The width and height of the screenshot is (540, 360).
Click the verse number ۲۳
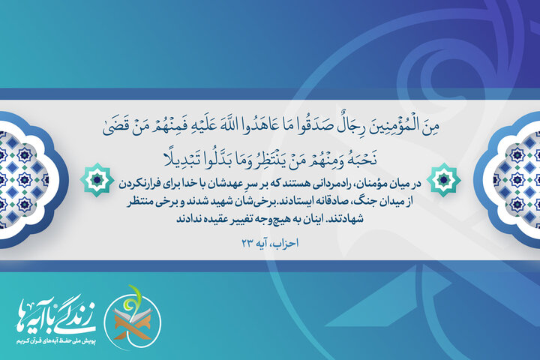click(248, 242)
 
